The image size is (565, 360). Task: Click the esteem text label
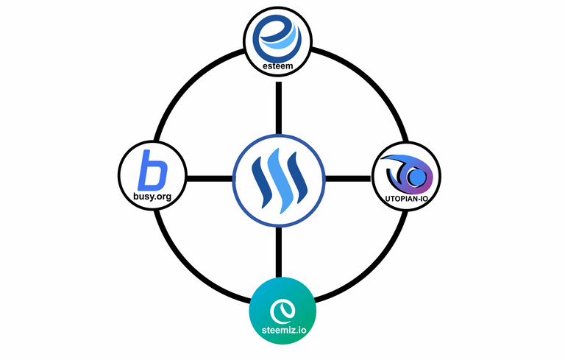[278, 66]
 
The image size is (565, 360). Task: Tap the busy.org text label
[152, 197]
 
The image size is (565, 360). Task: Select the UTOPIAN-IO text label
[406, 199]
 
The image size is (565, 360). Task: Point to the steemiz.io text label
[284, 330]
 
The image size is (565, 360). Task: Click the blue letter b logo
[152, 170]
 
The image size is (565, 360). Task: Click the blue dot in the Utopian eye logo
[416, 177]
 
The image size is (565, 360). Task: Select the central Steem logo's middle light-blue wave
[279, 180]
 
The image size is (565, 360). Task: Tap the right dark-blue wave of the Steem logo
[298, 179]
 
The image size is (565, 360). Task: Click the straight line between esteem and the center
[279, 108]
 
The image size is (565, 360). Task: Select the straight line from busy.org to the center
[210, 179]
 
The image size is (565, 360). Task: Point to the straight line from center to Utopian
[348, 179]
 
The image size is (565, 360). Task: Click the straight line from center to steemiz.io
[279, 252]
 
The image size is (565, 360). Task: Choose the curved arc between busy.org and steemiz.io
[191, 270]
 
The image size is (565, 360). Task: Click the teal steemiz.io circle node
[282, 311]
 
